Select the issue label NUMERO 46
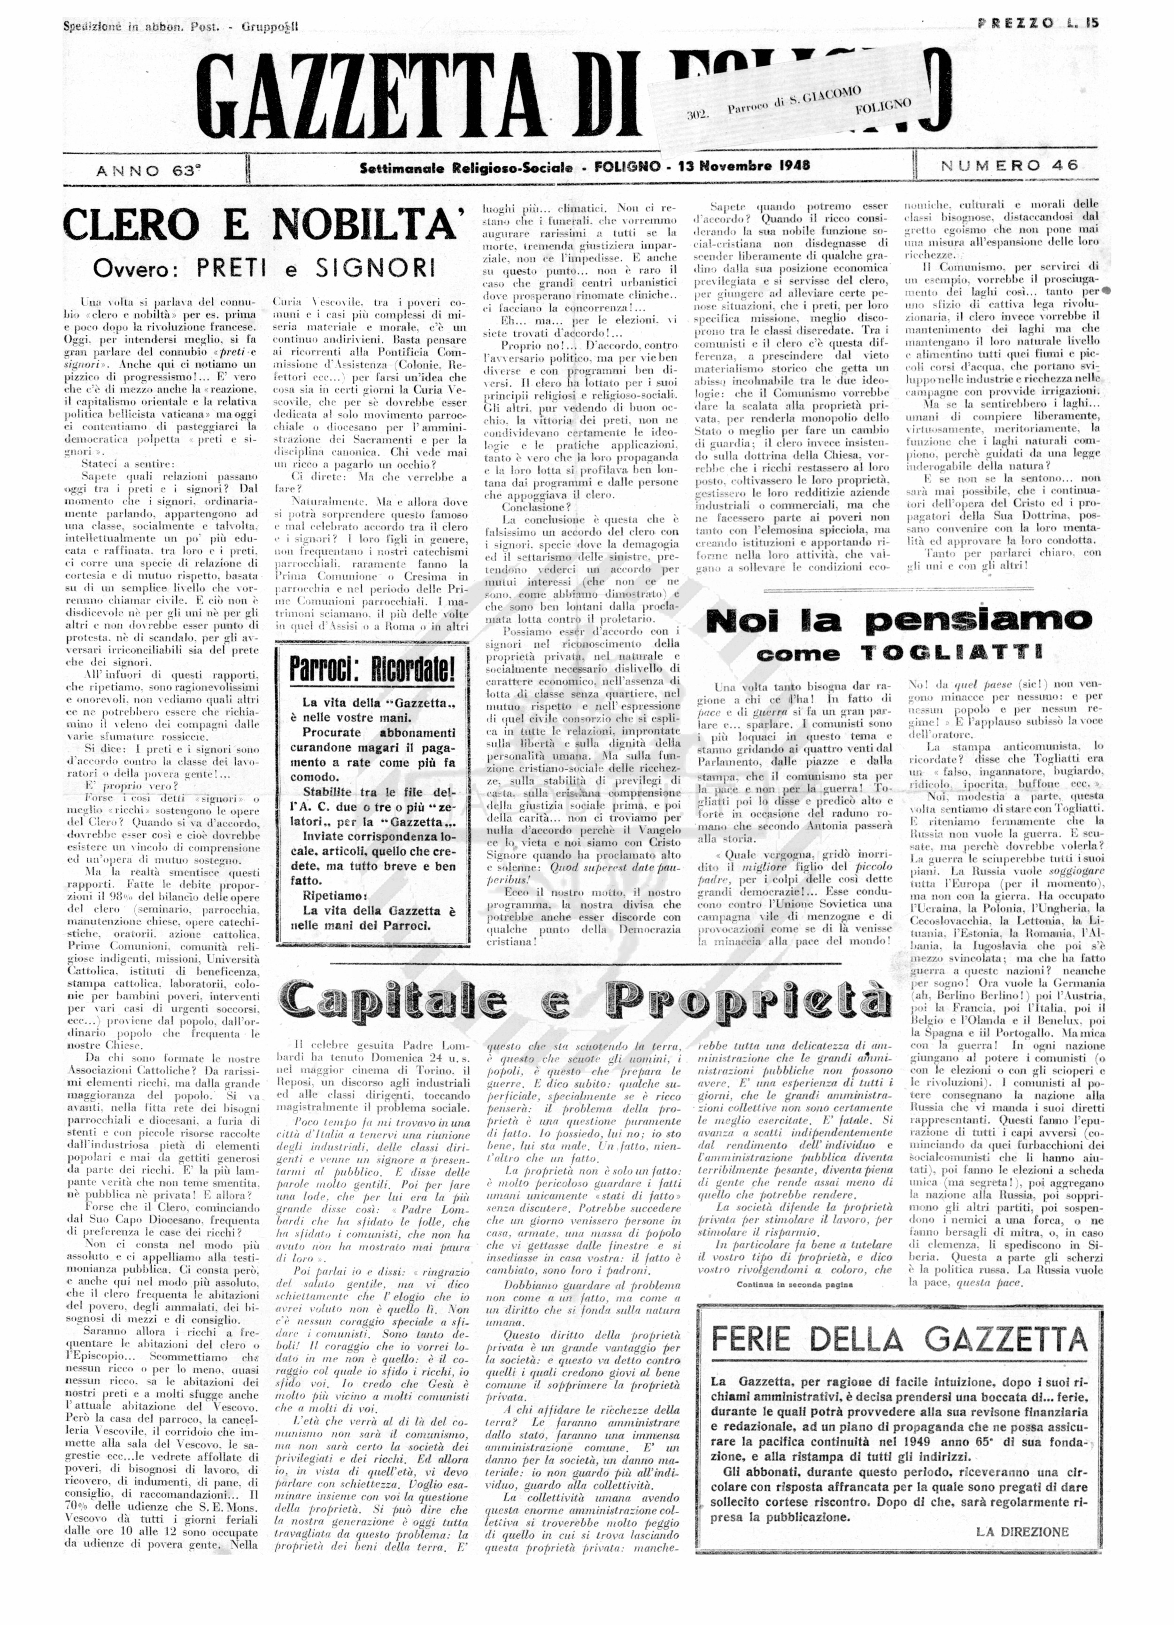click(x=1009, y=165)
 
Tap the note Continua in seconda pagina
click(x=794, y=1285)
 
